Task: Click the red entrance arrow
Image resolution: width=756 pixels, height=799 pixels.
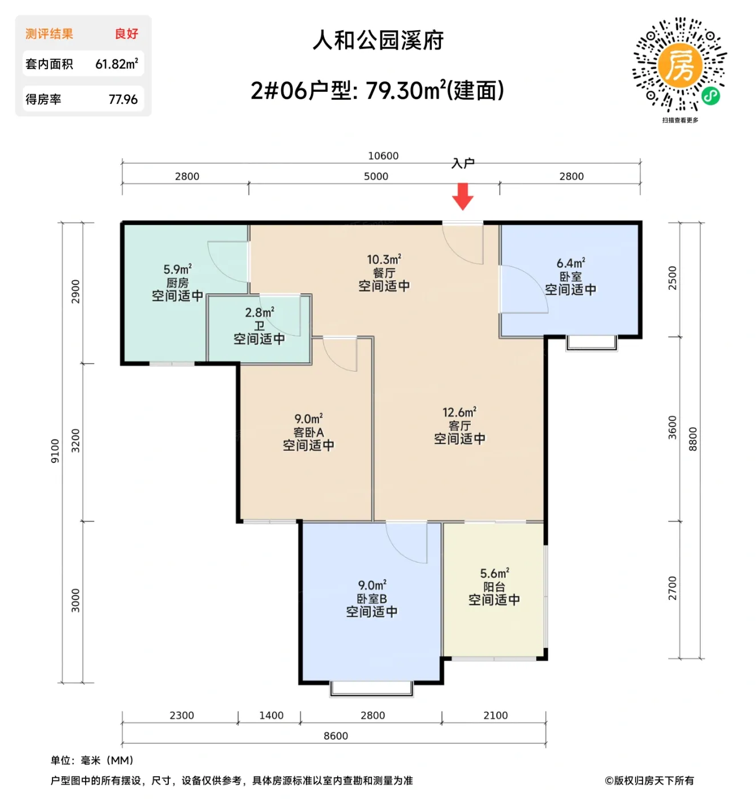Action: pyautogui.click(x=463, y=196)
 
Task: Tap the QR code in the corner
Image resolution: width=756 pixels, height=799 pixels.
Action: pyautogui.click(x=680, y=64)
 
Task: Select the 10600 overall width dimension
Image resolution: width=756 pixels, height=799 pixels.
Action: pyautogui.click(x=383, y=156)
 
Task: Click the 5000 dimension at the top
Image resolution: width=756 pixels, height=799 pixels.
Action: pyautogui.click(x=376, y=176)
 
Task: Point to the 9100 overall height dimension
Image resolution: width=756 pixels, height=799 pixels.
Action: pyautogui.click(x=55, y=450)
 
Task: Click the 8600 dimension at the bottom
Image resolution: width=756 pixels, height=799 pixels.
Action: pyautogui.click(x=335, y=736)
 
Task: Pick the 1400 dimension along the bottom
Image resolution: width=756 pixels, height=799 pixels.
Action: pyautogui.click(x=271, y=715)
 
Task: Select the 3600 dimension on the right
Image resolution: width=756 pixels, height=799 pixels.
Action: pyautogui.click(x=672, y=427)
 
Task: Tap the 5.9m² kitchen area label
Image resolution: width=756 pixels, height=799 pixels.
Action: pyautogui.click(x=177, y=269)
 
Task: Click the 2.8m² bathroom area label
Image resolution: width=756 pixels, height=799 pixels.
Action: pyautogui.click(x=260, y=312)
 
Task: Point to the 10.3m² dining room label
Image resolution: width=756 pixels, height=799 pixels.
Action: pyautogui.click(x=384, y=260)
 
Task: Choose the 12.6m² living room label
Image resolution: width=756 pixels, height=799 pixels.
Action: pyautogui.click(x=459, y=412)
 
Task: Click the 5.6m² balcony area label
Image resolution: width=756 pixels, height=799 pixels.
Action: pyautogui.click(x=494, y=573)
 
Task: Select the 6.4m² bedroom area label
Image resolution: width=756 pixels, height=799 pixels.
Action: pyautogui.click(x=571, y=263)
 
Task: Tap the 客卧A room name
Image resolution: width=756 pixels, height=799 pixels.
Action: pyautogui.click(x=309, y=432)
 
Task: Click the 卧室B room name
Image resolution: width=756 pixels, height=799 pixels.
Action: pyautogui.click(x=371, y=599)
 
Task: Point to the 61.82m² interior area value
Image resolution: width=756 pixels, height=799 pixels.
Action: pyautogui.click(x=116, y=64)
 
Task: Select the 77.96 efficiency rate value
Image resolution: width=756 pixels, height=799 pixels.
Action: pyautogui.click(x=123, y=99)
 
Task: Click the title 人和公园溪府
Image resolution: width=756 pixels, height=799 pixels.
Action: pyautogui.click(x=378, y=41)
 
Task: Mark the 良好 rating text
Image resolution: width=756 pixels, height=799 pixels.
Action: pyautogui.click(x=126, y=34)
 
